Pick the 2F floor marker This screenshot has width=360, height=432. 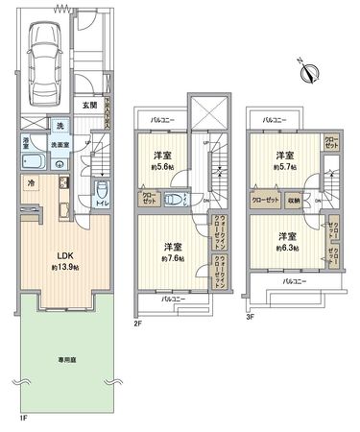(137, 324)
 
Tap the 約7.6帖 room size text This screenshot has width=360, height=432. (173, 257)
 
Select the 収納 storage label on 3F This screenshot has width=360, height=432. (293, 201)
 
